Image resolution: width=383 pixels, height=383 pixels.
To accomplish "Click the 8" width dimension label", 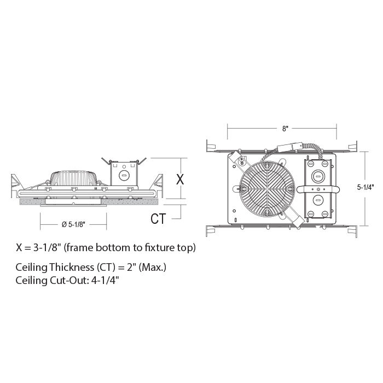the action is click(x=285, y=129).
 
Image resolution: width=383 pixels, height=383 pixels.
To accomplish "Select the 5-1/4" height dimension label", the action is click(x=365, y=187).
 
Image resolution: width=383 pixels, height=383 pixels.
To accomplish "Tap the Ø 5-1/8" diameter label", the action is click(x=73, y=224).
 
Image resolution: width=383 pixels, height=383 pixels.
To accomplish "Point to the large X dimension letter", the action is click(x=180, y=179).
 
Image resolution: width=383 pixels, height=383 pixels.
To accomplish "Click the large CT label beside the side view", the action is click(x=158, y=219).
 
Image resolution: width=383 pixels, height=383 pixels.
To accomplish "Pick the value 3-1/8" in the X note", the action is click(x=46, y=248).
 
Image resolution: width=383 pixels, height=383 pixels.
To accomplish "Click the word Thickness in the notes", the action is click(x=72, y=267).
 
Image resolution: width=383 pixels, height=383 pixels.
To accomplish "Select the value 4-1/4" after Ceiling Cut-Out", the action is click(x=105, y=280).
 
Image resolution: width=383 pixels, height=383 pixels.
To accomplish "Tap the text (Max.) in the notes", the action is click(x=153, y=268).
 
